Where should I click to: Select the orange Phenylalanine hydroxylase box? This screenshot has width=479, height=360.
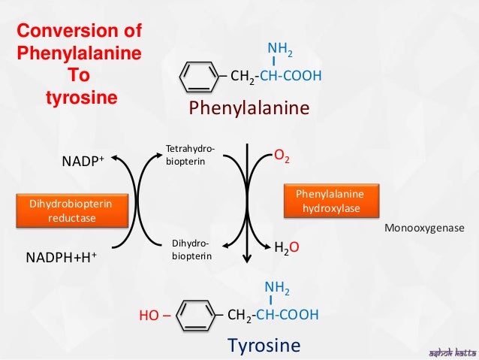pyautogui.click(x=331, y=201)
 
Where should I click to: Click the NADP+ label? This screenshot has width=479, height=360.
pyautogui.click(x=82, y=160)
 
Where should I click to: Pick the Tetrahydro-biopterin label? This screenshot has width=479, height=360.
pyautogui.click(x=189, y=155)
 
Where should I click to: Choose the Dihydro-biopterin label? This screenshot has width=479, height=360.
pyautogui.click(x=191, y=250)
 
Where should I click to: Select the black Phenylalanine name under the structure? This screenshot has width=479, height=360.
pyautogui.click(x=249, y=108)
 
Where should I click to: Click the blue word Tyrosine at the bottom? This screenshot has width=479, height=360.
pyautogui.click(x=263, y=346)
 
